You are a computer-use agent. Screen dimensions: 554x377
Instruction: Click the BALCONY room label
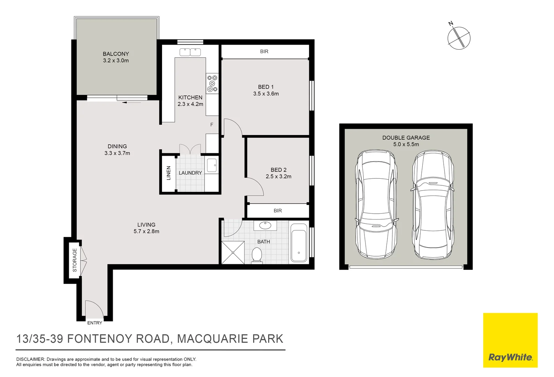116,54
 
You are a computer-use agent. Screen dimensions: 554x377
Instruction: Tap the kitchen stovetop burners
212,83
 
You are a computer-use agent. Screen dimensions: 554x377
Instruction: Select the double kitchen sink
190,52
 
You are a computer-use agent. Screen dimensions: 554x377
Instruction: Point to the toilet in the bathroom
257,255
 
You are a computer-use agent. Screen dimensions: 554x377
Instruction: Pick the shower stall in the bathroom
233,253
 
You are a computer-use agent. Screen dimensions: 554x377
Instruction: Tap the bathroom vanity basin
265,226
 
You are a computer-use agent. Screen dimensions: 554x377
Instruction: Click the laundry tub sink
212,165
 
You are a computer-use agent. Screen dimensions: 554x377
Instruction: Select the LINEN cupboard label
168,173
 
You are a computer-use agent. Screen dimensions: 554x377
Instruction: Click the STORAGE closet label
75,260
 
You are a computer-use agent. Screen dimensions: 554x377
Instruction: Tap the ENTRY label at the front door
95,323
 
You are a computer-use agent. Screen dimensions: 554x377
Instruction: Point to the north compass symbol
459,38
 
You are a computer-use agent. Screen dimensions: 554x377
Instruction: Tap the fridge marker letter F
212,125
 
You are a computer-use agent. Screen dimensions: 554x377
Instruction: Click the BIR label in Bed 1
264,51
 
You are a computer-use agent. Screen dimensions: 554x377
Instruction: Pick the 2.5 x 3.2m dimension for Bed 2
279,177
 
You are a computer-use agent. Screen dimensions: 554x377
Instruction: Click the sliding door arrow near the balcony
132,102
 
